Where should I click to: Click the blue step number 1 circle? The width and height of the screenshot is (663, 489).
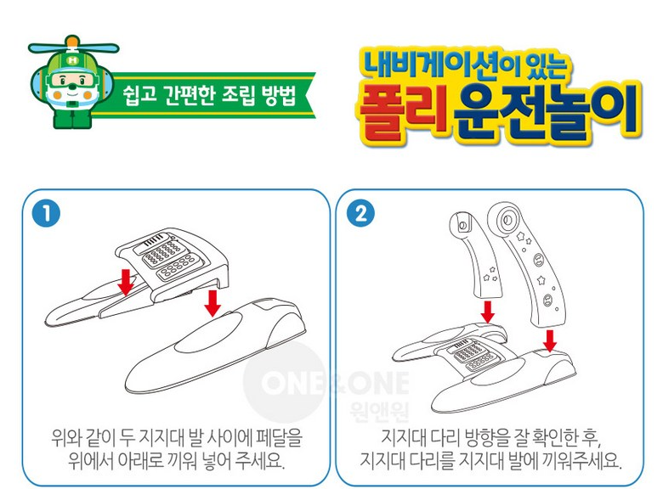pos(46,213)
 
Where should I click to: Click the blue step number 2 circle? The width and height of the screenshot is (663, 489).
pos(360,213)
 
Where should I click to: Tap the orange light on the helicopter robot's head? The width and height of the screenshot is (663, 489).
pos(73,42)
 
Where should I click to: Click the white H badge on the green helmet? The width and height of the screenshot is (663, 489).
pos(73,60)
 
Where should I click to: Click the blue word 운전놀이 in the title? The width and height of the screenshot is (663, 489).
pos(546,110)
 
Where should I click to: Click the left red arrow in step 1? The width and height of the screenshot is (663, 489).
pos(126,281)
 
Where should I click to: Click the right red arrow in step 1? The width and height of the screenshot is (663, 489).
pos(212,303)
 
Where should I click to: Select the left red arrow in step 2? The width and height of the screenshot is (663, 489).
pos(488,312)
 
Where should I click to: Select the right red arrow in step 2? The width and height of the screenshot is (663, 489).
pos(550,340)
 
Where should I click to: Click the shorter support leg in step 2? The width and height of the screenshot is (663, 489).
pos(476,254)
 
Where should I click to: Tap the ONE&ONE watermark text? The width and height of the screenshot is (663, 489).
pos(335,383)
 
